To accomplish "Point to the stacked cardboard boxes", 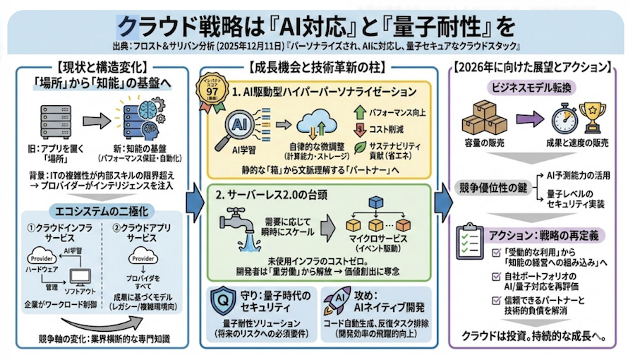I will click(484, 116).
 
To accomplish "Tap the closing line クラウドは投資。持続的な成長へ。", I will click(531, 335).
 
